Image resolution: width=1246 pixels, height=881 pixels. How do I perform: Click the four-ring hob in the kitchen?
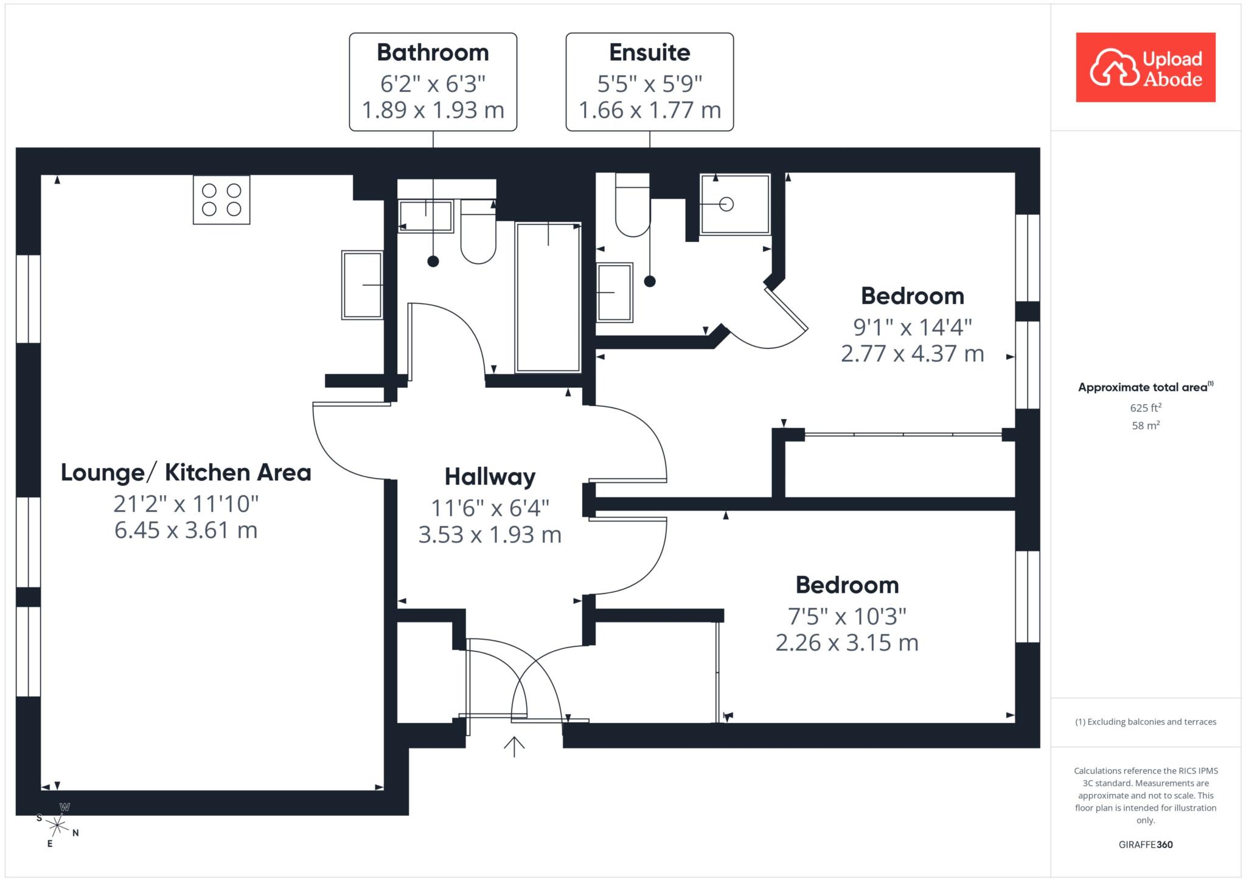tap(221, 200)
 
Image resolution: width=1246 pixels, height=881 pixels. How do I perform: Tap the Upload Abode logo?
tap(1146, 67)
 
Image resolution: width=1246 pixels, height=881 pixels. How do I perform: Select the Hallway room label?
tap(490, 477)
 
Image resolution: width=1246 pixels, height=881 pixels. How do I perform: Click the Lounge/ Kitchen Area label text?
tap(186, 472)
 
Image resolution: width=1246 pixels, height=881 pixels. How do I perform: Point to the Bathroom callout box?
tap(433, 82)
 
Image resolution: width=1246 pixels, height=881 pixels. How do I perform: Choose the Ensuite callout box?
tap(650, 82)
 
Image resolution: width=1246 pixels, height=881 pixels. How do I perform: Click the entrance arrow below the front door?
tap(515, 747)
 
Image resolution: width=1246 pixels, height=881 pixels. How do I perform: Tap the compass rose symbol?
tap(57, 825)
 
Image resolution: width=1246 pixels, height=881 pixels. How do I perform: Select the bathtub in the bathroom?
tap(548, 297)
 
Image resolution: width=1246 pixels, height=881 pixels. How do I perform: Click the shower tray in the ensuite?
tap(736, 204)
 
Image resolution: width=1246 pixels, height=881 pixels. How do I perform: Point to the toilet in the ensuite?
tap(633, 205)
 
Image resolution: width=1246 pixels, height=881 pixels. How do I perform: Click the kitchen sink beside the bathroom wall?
tap(363, 285)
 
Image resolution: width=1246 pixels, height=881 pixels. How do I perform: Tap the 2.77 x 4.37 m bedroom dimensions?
tap(913, 353)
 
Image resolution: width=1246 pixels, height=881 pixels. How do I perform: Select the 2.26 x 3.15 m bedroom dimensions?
tap(847, 643)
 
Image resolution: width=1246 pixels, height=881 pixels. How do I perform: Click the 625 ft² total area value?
tap(1146, 407)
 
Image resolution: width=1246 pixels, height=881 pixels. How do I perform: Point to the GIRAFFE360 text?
tap(1146, 845)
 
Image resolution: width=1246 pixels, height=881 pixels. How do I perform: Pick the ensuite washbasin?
tap(615, 292)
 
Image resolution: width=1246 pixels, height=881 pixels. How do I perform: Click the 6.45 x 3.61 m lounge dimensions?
tap(186, 530)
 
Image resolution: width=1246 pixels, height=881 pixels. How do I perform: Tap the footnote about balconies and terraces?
tap(1146, 722)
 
